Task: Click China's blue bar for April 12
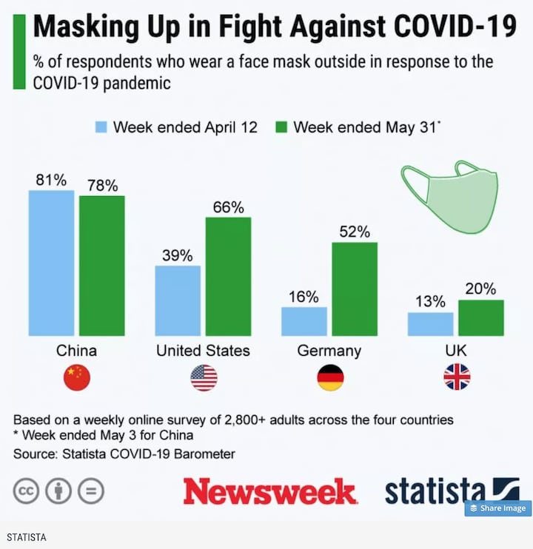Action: click(x=52, y=263)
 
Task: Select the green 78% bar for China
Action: click(x=102, y=266)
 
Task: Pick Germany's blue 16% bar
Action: click(x=304, y=321)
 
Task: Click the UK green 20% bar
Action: click(x=480, y=317)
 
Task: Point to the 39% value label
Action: click(x=178, y=256)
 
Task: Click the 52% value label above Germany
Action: click(x=355, y=232)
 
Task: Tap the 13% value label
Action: click(x=430, y=302)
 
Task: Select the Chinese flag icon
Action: click(x=77, y=377)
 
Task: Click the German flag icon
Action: click(x=330, y=377)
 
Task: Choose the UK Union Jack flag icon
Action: click(x=457, y=377)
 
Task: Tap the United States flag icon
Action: click(x=204, y=377)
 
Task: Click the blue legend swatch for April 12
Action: click(x=101, y=127)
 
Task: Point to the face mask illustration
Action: click(x=452, y=195)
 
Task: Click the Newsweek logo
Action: click(x=270, y=491)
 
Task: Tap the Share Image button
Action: click(x=497, y=508)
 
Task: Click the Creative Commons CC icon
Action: click(x=26, y=491)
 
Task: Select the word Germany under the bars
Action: click(x=329, y=350)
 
